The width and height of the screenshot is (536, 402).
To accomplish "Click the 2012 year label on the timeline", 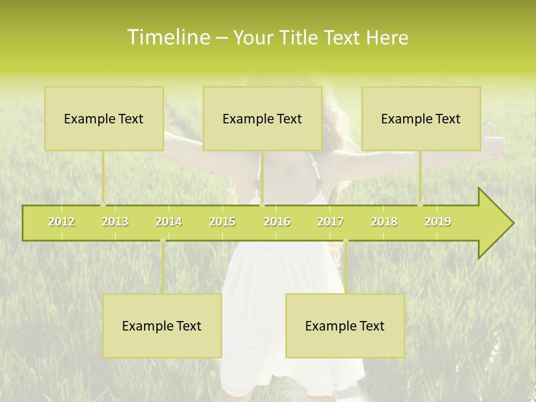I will coord(61,222).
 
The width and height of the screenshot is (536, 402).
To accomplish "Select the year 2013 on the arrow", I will coord(115,222).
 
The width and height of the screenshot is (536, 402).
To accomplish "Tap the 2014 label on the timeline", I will coord(169,222).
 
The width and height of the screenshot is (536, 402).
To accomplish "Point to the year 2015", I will coord(222,222).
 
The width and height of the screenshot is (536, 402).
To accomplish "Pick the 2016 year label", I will coord(277,222).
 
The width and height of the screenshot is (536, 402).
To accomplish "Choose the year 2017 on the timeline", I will coord(331,222).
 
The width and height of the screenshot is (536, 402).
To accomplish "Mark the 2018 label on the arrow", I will coord(384,222).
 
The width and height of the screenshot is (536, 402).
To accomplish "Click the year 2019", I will coord(438,222).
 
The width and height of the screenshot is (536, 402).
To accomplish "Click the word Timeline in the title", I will coord(167,37).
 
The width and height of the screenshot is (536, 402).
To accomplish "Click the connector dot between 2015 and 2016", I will coord(262,204).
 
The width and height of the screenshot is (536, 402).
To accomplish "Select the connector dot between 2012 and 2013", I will coord(103,204).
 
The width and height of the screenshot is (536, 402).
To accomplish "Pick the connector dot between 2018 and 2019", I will coord(420,204).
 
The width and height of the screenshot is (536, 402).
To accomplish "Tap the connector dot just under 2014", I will coord(162,241).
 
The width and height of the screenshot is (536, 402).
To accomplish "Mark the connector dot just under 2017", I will coord(346,241).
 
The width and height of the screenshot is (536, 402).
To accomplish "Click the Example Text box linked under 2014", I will coord(162,326).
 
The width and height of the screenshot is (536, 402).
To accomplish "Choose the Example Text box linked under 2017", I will coord(345,326).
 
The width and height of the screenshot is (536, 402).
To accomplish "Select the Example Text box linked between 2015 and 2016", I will coord(262,118).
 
